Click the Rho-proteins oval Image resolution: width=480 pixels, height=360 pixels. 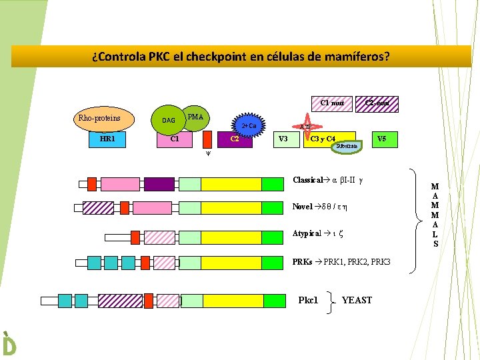click(99, 119)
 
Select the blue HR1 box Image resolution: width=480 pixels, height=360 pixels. click(105, 139)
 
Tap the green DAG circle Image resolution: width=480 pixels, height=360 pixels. click(169, 120)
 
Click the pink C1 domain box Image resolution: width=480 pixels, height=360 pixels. click(175, 139)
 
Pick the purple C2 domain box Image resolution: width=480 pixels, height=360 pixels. click(235, 139)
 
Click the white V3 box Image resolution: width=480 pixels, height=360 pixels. click(282, 139)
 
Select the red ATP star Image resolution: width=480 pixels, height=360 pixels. click(305, 127)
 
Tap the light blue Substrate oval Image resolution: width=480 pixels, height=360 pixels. click(347, 145)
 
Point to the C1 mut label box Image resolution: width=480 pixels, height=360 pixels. click(332, 103)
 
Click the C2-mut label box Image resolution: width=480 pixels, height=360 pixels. click(377, 103)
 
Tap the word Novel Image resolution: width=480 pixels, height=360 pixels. click(303, 207)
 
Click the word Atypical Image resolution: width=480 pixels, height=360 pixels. click(307, 234)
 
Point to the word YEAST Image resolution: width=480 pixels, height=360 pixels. click(357, 300)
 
